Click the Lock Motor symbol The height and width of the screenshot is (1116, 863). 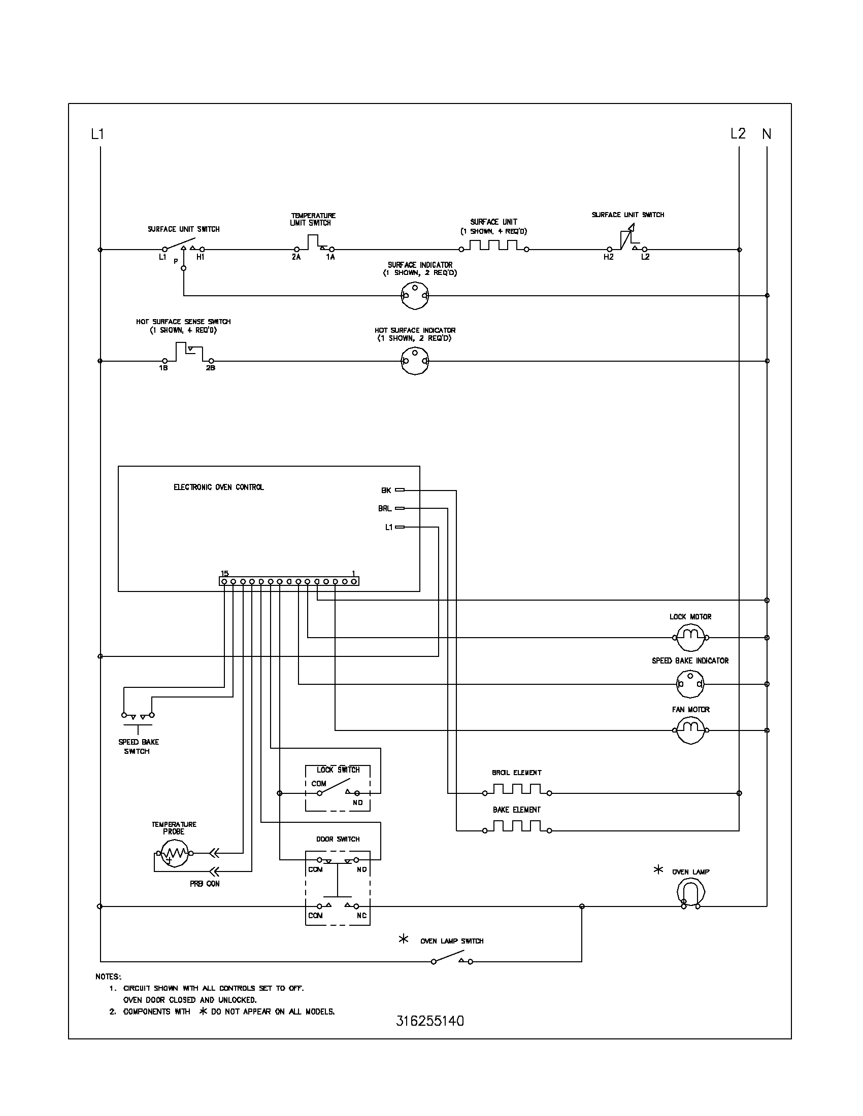click(690, 637)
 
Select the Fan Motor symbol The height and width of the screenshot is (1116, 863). click(690, 729)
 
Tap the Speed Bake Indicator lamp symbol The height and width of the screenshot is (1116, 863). click(690, 684)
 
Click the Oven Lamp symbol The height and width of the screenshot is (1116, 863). click(691, 892)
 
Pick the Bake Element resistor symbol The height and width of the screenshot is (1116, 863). click(516, 830)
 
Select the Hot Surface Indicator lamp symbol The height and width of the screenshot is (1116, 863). click(415, 361)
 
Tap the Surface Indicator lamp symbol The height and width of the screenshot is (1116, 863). click(415, 295)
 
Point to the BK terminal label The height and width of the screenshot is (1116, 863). click(386, 491)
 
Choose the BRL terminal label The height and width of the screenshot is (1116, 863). click(385, 508)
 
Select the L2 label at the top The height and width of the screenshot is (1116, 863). click(738, 134)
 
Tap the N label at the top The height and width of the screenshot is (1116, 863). click(767, 134)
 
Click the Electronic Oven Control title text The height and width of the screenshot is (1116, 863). click(219, 487)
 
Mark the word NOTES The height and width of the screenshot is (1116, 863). click(109, 977)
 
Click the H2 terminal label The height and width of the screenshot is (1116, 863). click(608, 257)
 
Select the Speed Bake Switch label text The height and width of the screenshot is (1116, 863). click(138, 747)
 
